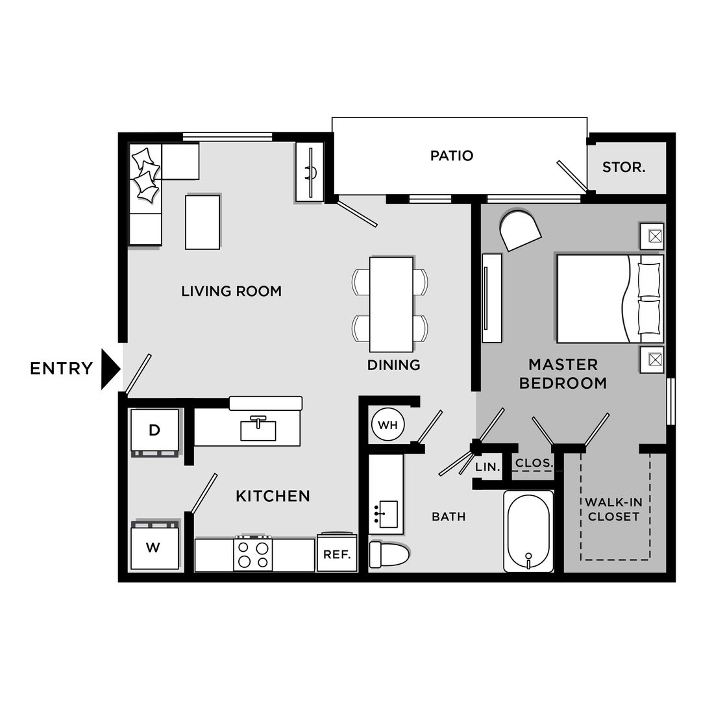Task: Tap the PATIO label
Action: [x=452, y=156]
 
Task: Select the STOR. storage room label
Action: [x=624, y=167]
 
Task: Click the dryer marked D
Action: [x=154, y=430]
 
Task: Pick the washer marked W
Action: [x=153, y=547]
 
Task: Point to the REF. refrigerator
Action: [x=337, y=554]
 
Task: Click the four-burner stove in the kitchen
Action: [x=253, y=554]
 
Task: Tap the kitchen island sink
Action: [x=258, y=430]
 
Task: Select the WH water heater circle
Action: [x=387, y=426]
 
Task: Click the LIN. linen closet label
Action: [x=487, y=467]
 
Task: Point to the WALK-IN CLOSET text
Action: [x=613, y=510]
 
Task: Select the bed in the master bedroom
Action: [x=609, y=299]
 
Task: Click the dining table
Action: [x=391, y=304]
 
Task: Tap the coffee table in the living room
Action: [x=203, y=221]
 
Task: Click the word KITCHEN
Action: [x=273, y=497]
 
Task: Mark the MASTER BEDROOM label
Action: [x=563, y=374]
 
